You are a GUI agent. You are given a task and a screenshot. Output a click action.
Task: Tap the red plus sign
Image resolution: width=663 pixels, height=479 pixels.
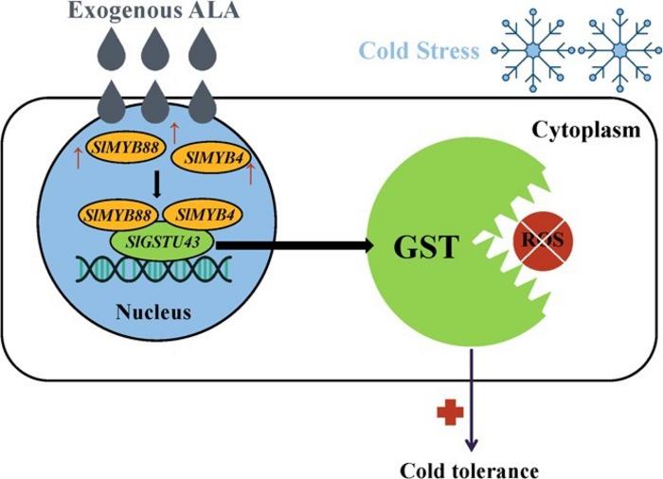pos(446,413)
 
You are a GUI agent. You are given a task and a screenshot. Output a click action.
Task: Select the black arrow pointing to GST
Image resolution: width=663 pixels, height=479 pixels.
pos(294,247)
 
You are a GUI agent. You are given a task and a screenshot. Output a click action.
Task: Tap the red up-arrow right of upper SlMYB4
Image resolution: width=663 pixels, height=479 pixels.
pos(251,173)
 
